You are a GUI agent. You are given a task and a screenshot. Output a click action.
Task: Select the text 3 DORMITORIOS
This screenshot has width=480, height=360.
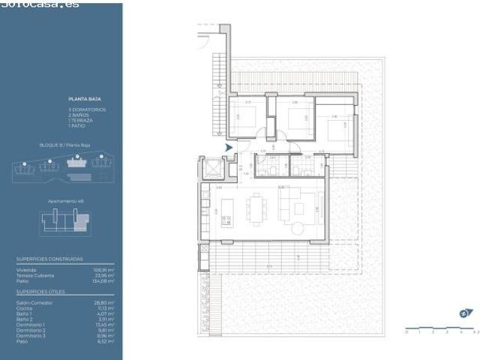click(x=86, y=109)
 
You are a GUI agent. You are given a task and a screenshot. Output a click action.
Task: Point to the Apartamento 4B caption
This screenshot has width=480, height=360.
click(x=64, y=202)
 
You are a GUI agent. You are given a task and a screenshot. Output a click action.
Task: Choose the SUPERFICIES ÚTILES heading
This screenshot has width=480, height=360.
click(x=40, y=289)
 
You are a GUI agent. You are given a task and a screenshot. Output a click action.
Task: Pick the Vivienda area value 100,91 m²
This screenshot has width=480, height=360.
click(x=103, y=269)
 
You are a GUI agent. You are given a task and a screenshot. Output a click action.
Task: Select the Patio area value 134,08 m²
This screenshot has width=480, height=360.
click(x=103, y=281)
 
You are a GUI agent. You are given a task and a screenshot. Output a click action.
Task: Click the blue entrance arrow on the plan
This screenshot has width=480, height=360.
click(x=229, y=147)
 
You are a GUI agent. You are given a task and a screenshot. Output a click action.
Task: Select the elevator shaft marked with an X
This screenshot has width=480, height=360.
click(x=212, y=169)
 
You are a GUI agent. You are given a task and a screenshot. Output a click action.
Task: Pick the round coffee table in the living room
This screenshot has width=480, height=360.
click(x=298, y=228)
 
